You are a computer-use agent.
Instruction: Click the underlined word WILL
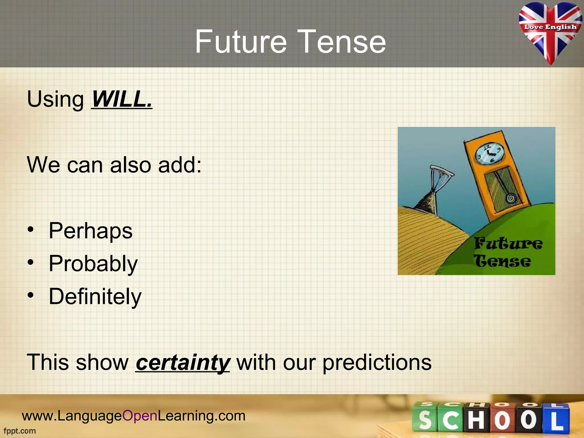122,99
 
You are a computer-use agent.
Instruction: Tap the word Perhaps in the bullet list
90,231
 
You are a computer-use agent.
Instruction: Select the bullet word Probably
93,264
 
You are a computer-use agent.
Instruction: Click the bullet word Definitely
95,297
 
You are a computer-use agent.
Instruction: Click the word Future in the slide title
241,42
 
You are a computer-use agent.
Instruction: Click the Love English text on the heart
550,27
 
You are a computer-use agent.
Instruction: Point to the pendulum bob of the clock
511,198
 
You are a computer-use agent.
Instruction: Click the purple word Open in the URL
140,416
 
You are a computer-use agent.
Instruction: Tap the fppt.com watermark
20,431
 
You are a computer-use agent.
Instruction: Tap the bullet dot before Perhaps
31,230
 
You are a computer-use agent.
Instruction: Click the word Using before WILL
55,99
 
